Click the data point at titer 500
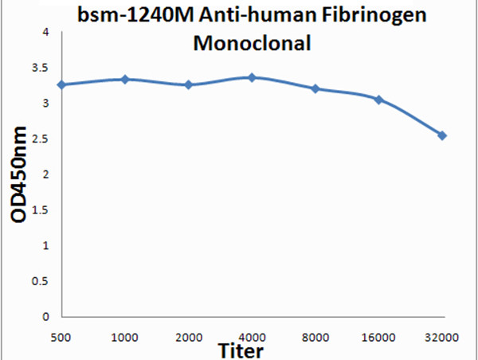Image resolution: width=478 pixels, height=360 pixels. click(62, 84)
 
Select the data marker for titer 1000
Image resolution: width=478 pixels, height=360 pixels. click(125, 79)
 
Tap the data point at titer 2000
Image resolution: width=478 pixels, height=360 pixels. click(189, 84)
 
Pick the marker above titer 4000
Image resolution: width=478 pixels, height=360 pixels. click(252, 77)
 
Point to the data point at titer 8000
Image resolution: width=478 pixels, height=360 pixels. click(315, 88)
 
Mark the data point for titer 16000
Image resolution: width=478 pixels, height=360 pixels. click(378, 100)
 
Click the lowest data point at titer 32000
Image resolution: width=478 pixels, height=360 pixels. click(442, 135)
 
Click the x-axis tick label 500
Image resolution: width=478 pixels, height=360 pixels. click(62, 337)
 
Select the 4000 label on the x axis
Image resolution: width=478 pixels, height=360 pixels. click(252, 337)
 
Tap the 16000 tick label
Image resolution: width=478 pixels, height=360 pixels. click(378, 337)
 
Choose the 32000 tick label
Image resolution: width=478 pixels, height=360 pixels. click(442, 337)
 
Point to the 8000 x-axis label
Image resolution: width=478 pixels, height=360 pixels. click(315, 337)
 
